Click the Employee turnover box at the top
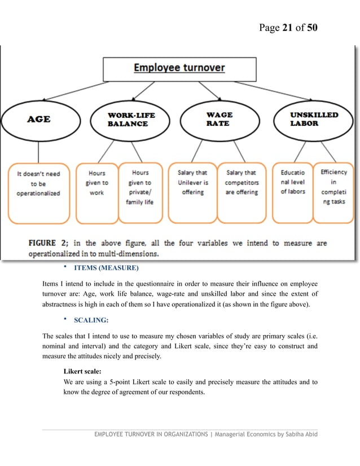(x=179, y=68)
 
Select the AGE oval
(x=38, y=119)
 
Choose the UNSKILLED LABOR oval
(x=314, y=119)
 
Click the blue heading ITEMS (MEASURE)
(x=106, y=267)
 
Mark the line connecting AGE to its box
(x=38, y=151)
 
